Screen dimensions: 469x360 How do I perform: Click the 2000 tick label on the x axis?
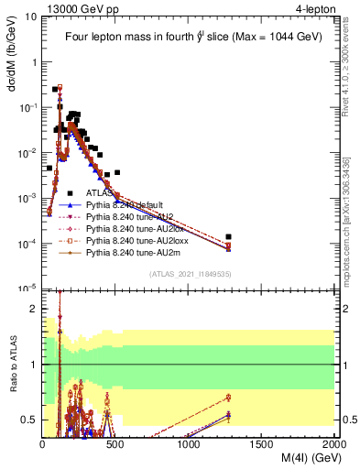[334, 444]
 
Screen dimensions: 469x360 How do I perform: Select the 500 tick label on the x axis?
[115, 444]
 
